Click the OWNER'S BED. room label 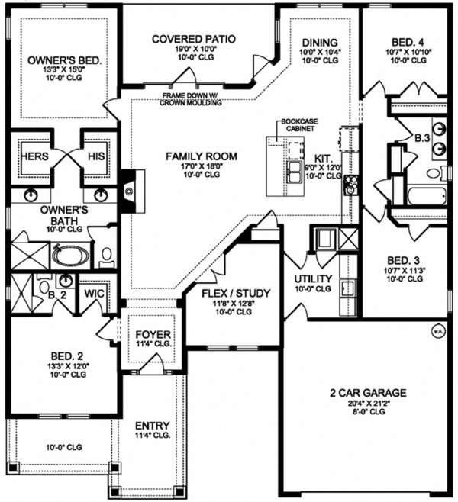64,59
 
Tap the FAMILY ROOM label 202,156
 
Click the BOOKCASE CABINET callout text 298,125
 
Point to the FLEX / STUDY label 231,292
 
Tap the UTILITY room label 313,278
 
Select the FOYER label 153,335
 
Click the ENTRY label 153,426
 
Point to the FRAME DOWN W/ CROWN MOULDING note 192,98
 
